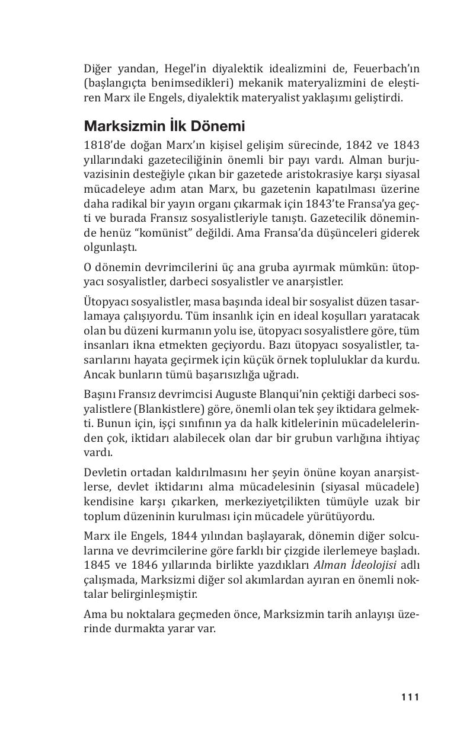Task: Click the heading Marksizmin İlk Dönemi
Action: click(164, 126)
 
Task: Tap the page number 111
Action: click(410, 697)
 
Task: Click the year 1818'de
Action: click(103, 145)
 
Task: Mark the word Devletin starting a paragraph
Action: click(103, 473)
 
